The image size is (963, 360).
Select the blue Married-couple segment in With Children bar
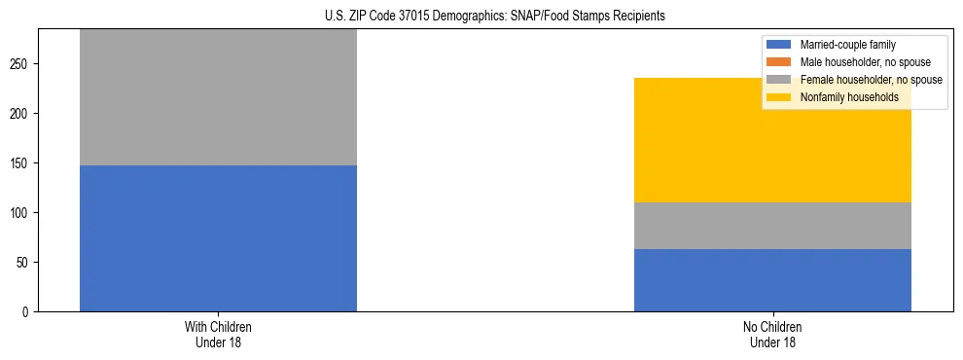click(x=218, y=238)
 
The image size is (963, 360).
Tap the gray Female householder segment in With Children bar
click(x=218, y=97)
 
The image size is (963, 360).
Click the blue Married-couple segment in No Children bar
click(x=772, y=280)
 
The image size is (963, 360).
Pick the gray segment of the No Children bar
click(x=772, y=226)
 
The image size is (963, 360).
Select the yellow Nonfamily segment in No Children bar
click(x=772, y=146)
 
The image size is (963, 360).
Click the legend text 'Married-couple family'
click(x=847, y=45)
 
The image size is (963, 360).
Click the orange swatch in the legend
click(x=780, y=62)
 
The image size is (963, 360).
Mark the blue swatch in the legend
click(x=780, y=45)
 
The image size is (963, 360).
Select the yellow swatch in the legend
click(x=780, y=97)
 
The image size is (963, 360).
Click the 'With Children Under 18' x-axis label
click(x=218, y=335)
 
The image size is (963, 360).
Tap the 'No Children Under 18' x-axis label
click(x=772, y=335)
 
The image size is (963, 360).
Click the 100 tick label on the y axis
click(x=21, y=213)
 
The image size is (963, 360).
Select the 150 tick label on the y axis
click(x=21, y=163)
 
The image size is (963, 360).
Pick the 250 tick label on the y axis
click(x=21, y=64)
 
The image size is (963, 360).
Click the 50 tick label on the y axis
click(x=24, y=263)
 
